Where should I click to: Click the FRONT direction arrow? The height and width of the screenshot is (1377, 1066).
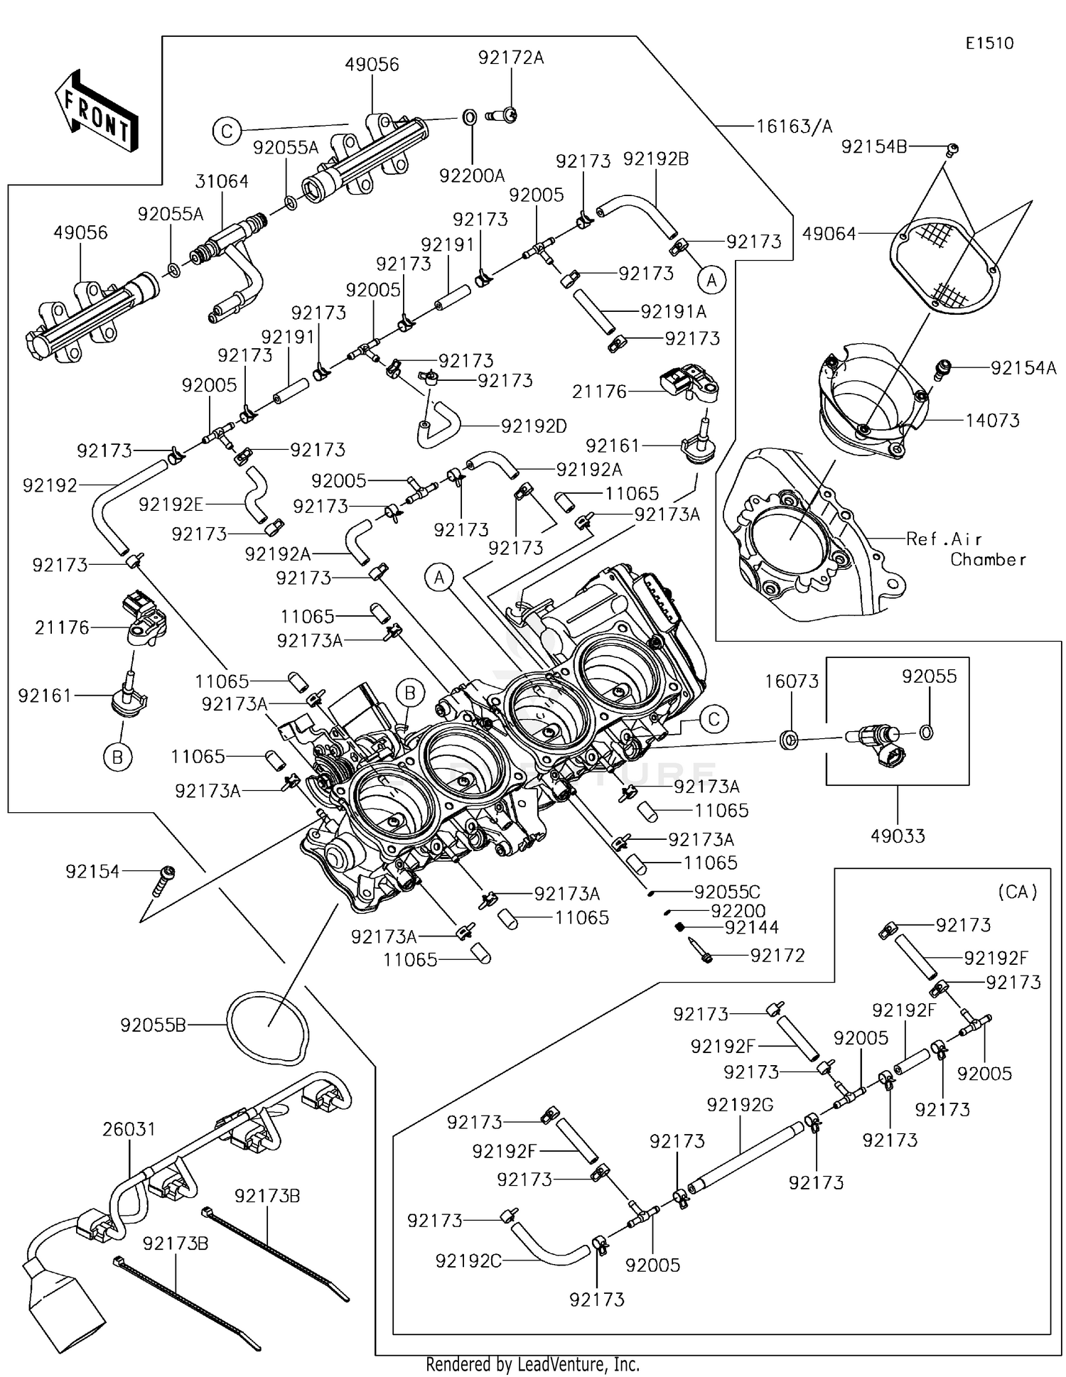click(96, 112)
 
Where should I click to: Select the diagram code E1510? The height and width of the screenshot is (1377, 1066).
click(989, 43)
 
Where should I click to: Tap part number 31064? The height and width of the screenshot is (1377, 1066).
click(222, 182)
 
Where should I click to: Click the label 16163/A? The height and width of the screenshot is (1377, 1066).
click(793, 126)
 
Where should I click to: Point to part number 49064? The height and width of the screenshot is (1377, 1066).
click(829, 233)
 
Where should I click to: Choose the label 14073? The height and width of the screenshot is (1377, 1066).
click(992, 420)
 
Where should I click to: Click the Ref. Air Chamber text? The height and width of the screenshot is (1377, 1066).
click(965, 549)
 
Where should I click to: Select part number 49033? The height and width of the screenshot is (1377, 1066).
click(898, 836)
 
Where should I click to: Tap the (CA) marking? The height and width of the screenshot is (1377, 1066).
click(1017, 891)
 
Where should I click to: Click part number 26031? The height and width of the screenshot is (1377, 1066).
click(129, 1129)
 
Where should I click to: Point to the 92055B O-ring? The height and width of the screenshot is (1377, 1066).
click(268, 1027)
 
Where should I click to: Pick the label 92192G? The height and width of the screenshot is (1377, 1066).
click(740, 1105)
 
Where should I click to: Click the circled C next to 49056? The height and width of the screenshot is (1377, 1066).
click(227, 132)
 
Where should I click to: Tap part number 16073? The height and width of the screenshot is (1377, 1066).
click(792, 681)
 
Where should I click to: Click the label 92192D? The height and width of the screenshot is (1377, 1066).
click(534, 426)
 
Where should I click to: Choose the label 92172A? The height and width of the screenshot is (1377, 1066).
click(510, 58)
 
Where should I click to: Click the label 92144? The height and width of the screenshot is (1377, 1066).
click(752, 927)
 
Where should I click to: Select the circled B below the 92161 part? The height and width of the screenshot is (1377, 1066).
click(118, 757)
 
